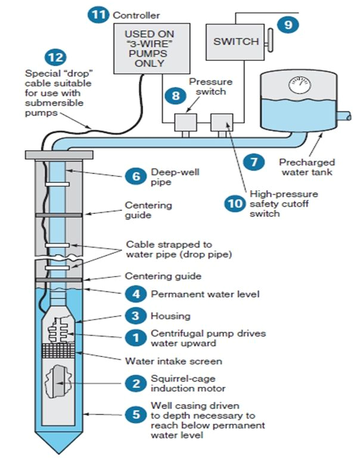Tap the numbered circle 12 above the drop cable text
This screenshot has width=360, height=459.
pyautogui.click(x=55, y=58)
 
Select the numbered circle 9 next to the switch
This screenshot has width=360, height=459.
pyautogui.click(x=288, y=24)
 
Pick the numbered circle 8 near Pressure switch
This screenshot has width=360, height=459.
pyautogui.click(x=175, y=94)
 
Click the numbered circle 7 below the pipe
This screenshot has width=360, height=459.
pyautogui.click(x=254, y=161)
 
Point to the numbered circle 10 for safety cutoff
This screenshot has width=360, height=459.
pyautogui.click(x=234, y=203)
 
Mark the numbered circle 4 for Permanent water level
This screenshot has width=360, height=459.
pyautogui.click(x=135, y=293)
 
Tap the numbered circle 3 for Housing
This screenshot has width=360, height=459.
pyautogui.click(x=135, y=315)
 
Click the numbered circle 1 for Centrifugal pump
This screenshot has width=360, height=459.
pyautogui.click(x=135, y=337)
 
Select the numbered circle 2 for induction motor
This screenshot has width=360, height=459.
pyautogui.click(x=135, y=383)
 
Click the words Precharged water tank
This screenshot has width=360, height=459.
pyautogui.click(x=308, y=167)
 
